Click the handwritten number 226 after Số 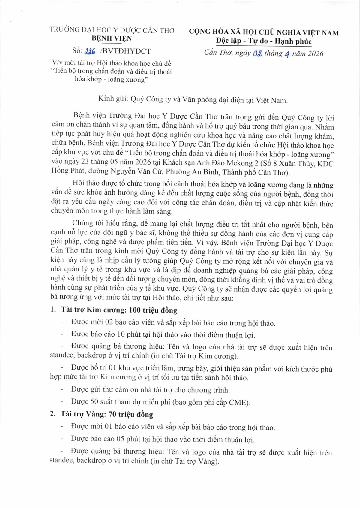90,52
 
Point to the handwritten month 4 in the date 287,54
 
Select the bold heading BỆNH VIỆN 112,38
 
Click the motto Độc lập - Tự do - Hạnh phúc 264,41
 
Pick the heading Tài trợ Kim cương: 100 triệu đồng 119,310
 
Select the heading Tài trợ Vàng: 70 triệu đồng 107,414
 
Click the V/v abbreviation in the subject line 57,63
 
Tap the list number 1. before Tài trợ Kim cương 53,310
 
